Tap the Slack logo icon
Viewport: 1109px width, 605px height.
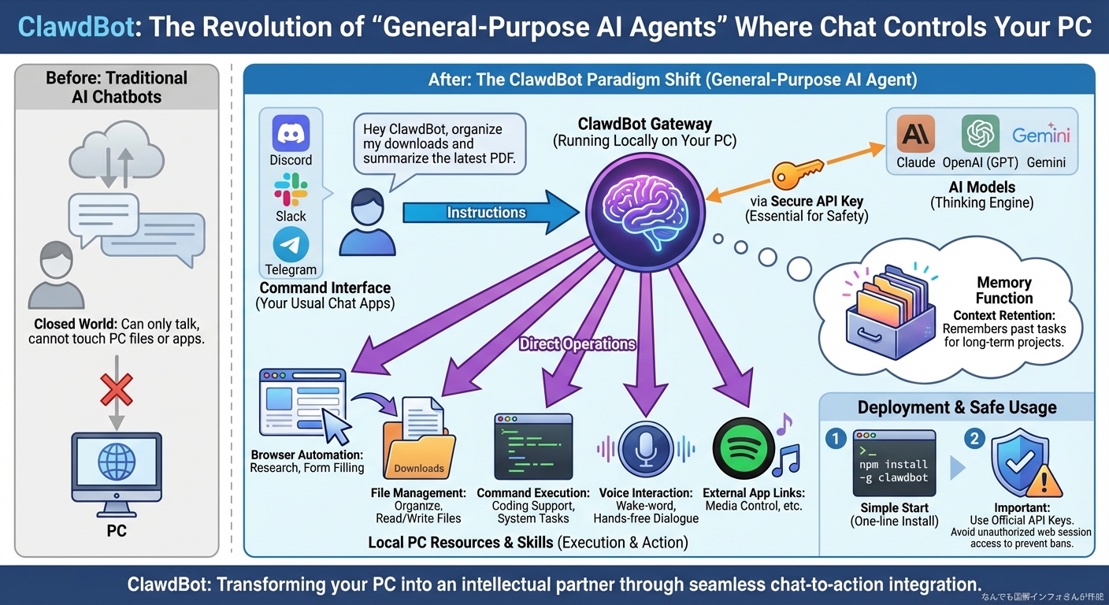coord(291,190)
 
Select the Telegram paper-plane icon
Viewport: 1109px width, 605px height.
coord(291,245)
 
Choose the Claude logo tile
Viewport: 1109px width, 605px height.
coord(916,134)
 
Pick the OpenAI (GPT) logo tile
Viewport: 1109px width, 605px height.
coord(980,134)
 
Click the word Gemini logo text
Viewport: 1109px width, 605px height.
coord(1041,135)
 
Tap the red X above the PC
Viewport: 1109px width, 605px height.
coord(116,389)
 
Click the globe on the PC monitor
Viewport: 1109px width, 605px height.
coord(116,462)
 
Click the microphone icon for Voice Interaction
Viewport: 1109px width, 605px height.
coord(645,447)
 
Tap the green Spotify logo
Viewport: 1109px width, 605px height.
coord(740,447)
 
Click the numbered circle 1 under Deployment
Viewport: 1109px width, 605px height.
coord(836,438)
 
